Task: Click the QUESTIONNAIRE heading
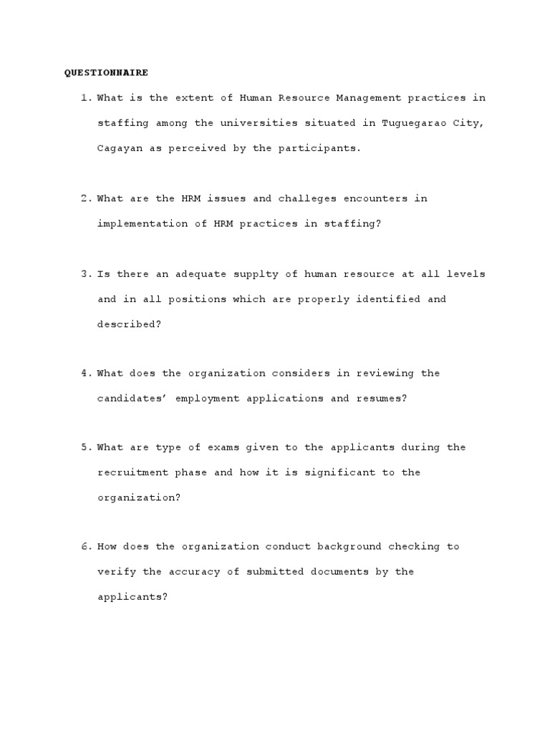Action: pos(106,72)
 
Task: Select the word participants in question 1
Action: pos(324,148)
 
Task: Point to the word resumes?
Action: pos(382,398)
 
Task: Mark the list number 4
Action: pos(85,373)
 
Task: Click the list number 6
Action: pos(85,546)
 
